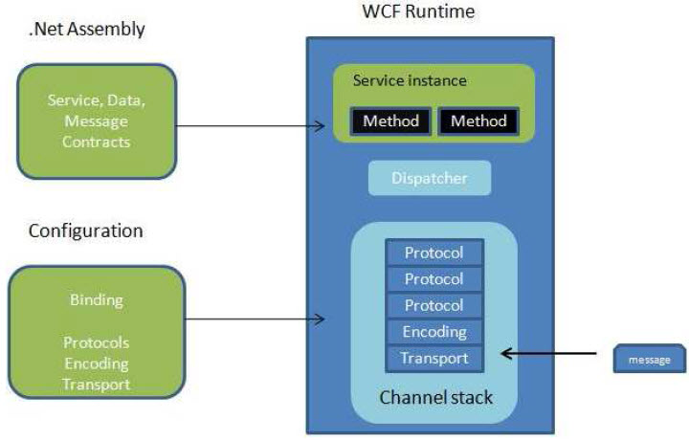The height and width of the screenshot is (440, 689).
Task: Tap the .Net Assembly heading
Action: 86,30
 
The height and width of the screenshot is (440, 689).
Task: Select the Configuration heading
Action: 85,231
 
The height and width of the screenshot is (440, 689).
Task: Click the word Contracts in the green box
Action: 96,142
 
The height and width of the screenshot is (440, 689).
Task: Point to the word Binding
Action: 96,299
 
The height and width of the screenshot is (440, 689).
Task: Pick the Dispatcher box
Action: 430,178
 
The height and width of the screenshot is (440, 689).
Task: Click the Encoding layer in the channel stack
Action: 434,332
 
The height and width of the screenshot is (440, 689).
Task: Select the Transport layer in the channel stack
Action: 434,358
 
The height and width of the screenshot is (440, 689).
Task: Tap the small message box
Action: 649,360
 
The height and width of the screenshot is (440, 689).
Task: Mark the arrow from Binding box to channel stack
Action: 254,320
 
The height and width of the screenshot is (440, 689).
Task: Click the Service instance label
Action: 410,81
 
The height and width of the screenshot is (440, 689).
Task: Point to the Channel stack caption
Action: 436,396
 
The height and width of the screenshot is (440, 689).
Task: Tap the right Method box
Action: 478,121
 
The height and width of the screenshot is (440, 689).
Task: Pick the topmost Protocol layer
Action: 434,253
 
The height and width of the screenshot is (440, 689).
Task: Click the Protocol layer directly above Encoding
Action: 434,305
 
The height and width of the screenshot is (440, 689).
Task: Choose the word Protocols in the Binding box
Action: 96,342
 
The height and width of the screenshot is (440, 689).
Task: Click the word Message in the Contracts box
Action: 96,121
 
